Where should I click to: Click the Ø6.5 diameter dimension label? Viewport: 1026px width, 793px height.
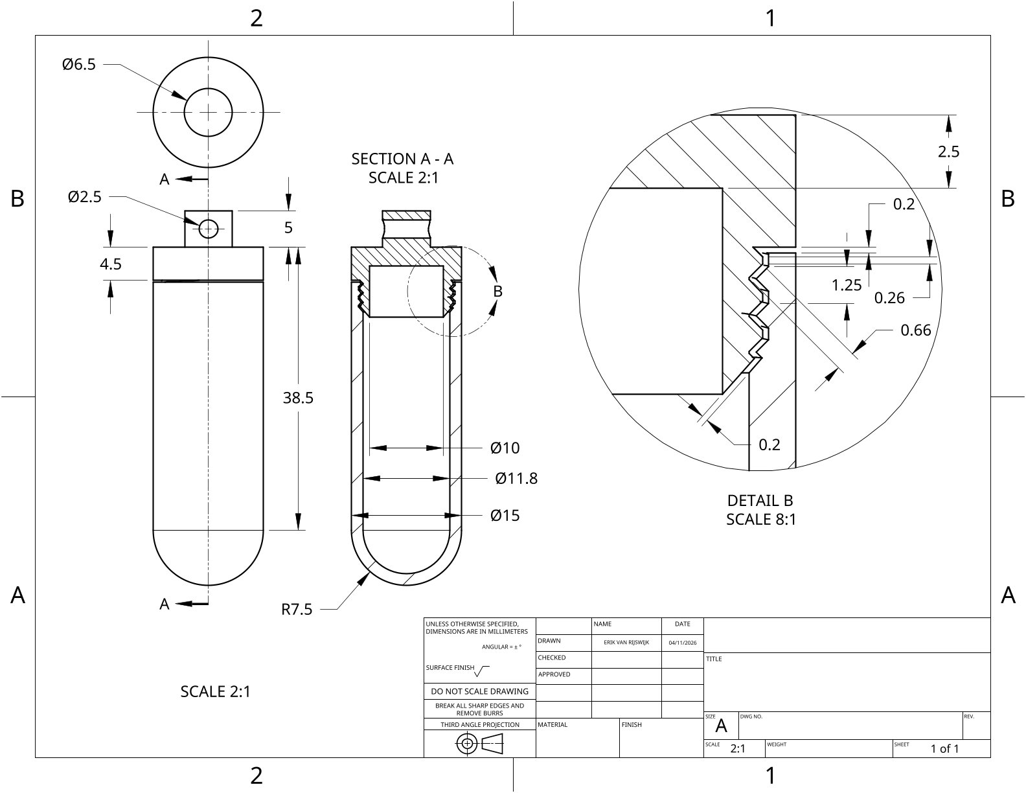click(79, 64)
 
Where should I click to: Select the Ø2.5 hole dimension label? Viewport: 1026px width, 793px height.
click(84, 196)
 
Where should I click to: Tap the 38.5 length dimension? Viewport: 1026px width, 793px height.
click(298, 398)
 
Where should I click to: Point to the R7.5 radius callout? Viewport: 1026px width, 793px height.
click(297, 609)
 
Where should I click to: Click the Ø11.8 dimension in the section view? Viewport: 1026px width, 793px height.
click(516, 478)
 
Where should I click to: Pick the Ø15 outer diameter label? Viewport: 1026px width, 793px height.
click(505, 515)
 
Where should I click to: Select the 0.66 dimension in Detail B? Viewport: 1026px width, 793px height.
click(915, 330)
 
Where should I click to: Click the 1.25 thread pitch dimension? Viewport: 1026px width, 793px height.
click(847, 285)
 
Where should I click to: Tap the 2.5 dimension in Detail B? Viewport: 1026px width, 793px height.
click(948, 152)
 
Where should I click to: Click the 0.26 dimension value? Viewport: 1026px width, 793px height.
click(889, 298)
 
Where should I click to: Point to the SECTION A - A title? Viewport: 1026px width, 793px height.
click(402, 159)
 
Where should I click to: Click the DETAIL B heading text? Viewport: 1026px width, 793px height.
click(760, 501)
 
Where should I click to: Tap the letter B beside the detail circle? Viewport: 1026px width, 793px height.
click(497, 292)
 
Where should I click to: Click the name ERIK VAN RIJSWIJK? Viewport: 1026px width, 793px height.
click(626, 642)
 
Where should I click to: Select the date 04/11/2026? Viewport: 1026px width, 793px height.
click(682, 642)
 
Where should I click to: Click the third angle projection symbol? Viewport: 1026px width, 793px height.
click(479, 744)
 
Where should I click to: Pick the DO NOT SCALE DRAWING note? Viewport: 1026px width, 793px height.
click(480, 691)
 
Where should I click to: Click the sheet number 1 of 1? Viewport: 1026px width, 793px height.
click(944, 748)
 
